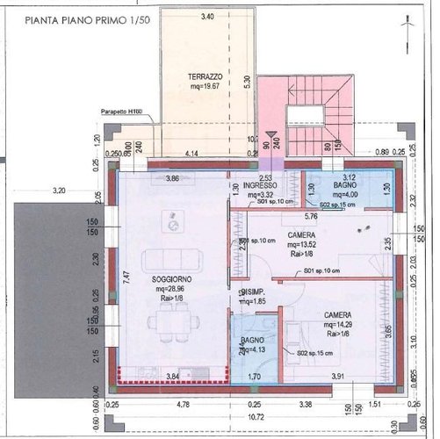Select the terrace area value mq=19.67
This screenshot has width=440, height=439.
point(205,88)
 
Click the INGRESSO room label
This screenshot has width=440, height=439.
point(260,185)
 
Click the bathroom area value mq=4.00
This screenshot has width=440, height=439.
point(343,196)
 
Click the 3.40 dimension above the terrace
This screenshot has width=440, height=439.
point(207,17)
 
